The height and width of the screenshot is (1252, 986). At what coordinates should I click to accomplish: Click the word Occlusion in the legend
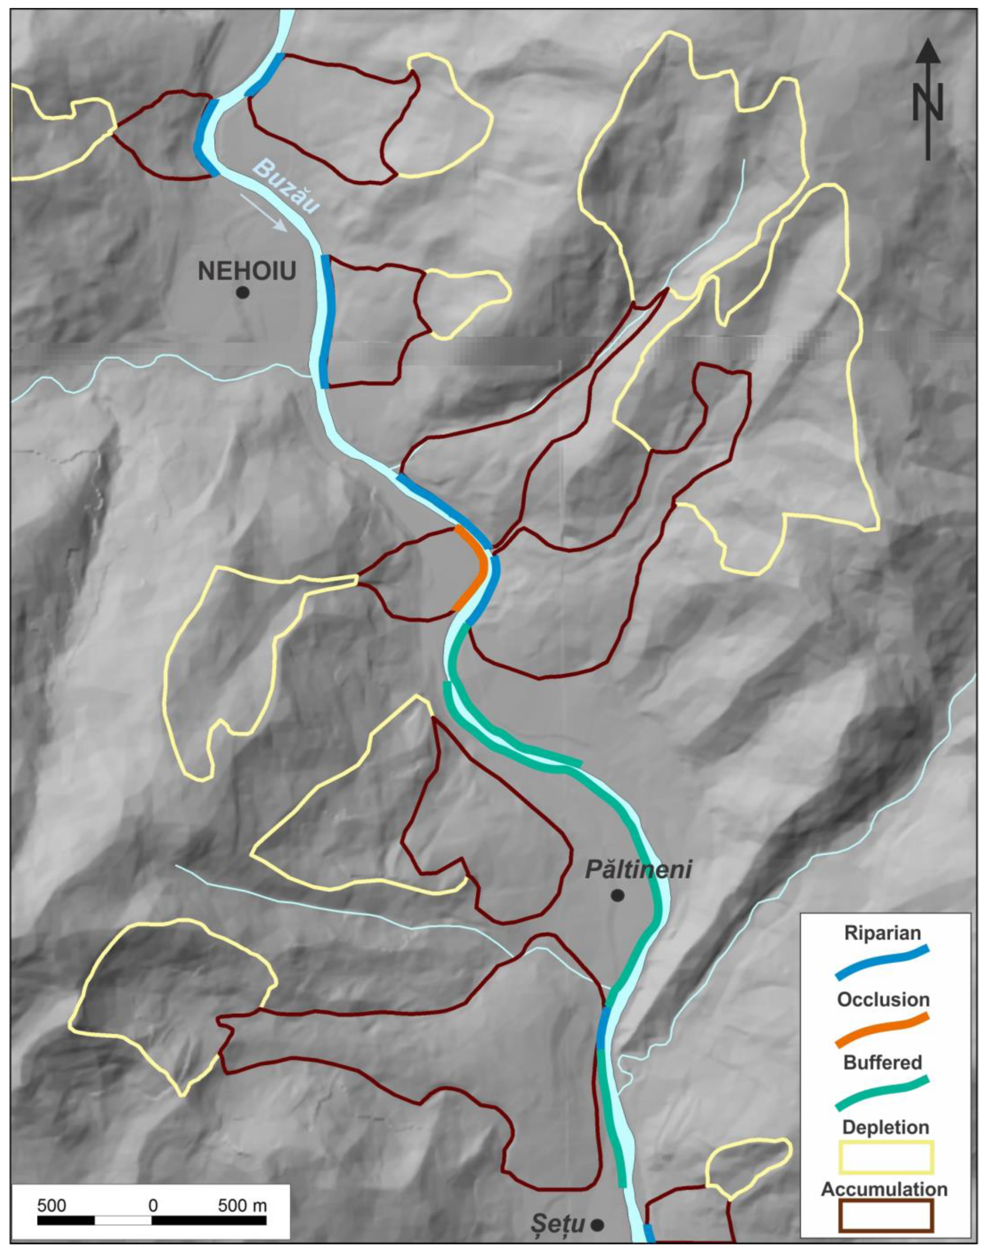[x=883, y=999]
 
